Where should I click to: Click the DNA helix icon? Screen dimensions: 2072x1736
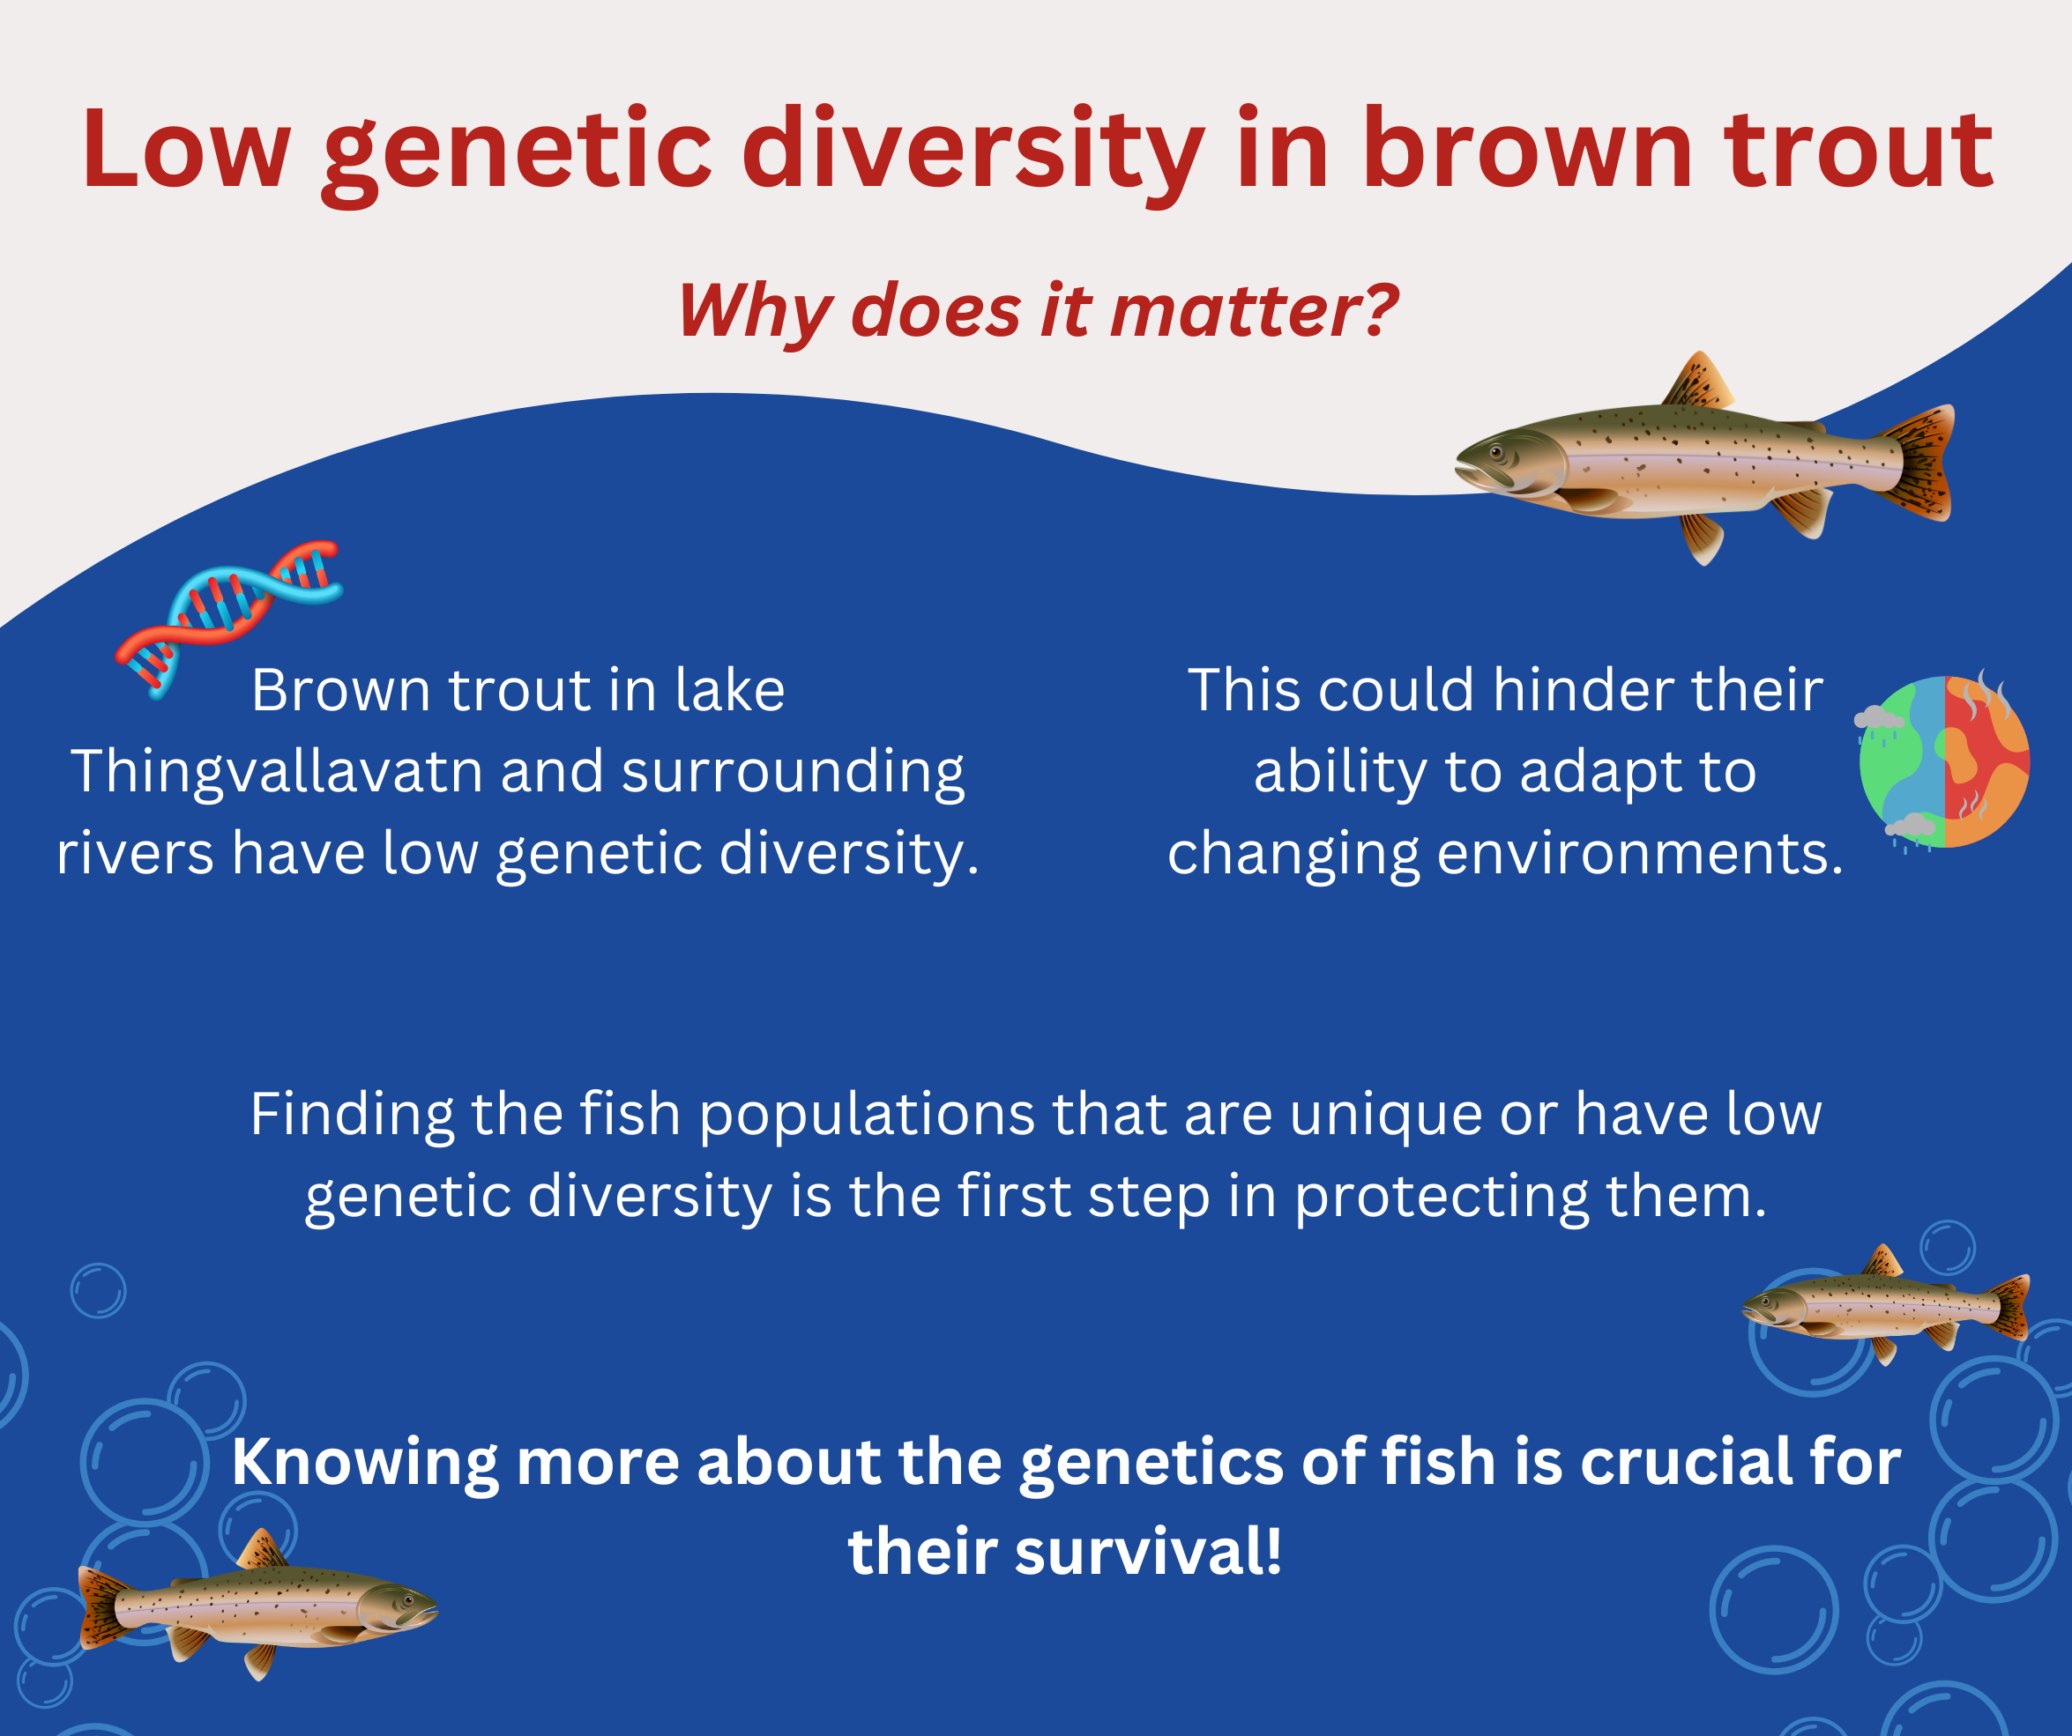point(229,619)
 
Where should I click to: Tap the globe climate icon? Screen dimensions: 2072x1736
point(1942,760)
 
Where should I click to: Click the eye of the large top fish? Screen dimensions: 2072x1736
point(1497,453)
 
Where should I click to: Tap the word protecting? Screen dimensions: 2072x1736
point(1442,1198)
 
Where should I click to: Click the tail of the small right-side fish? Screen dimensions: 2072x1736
point(2009,1307)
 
